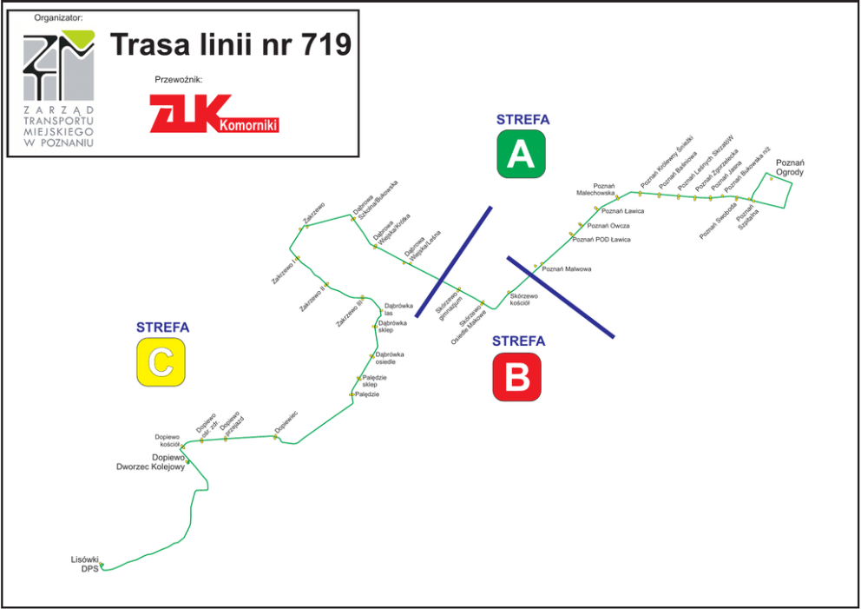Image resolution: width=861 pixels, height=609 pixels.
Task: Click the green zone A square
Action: pos(521,154)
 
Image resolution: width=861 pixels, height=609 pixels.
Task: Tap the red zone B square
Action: pos(516,377)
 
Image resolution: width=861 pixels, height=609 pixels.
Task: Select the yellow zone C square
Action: pos(161,361)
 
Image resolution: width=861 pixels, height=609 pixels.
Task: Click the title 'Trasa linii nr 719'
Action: pos(230,44)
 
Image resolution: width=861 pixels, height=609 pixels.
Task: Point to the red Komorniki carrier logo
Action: pos(214,114)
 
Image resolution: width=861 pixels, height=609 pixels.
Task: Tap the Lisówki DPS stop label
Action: pos(85,564)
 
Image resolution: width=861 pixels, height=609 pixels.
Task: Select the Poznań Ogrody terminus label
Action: pos(790,168)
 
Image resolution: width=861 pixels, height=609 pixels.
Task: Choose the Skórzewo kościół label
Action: pos(524,300)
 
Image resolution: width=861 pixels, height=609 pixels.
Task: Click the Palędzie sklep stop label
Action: pos(375,381)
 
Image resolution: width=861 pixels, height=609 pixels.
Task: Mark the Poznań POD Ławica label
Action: pos(601,239)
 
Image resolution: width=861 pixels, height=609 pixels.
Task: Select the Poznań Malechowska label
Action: pos(598,190)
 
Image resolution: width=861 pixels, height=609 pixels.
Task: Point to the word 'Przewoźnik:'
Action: pos(178,79)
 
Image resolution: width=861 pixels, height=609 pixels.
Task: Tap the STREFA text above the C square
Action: pos(162,328)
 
